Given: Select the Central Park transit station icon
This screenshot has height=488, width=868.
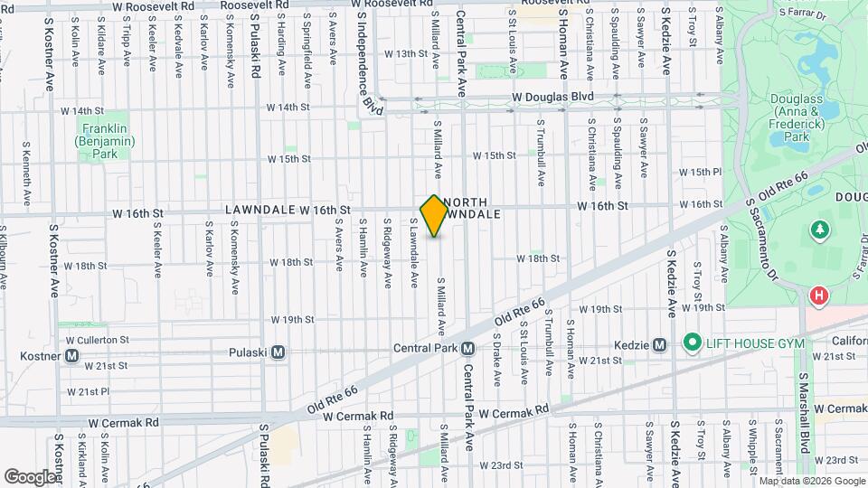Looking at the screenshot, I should pyautogui.click(x=468, y=349).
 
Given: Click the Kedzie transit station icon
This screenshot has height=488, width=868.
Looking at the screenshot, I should pyautogui.click(x=660, y=344).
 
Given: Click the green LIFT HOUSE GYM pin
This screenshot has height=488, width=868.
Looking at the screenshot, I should pyautogui.click(x=693, y=342).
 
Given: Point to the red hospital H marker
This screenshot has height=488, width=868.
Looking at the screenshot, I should pyautogui.click(x=818, y=296).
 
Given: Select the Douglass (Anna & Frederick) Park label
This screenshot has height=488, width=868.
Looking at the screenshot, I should pyautogui.click(x=796, y=117).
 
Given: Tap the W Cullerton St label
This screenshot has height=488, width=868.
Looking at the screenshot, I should pyautogui.click(x=98, y=340).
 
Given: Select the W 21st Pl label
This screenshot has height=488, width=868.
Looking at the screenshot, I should pyautogui.click(x=88, y=391).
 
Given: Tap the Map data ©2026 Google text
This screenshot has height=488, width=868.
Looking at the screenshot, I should pyautogui.click(x=811, y=481).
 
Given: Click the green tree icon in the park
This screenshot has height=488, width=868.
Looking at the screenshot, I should pyautogui.click(x=820, y=230).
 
